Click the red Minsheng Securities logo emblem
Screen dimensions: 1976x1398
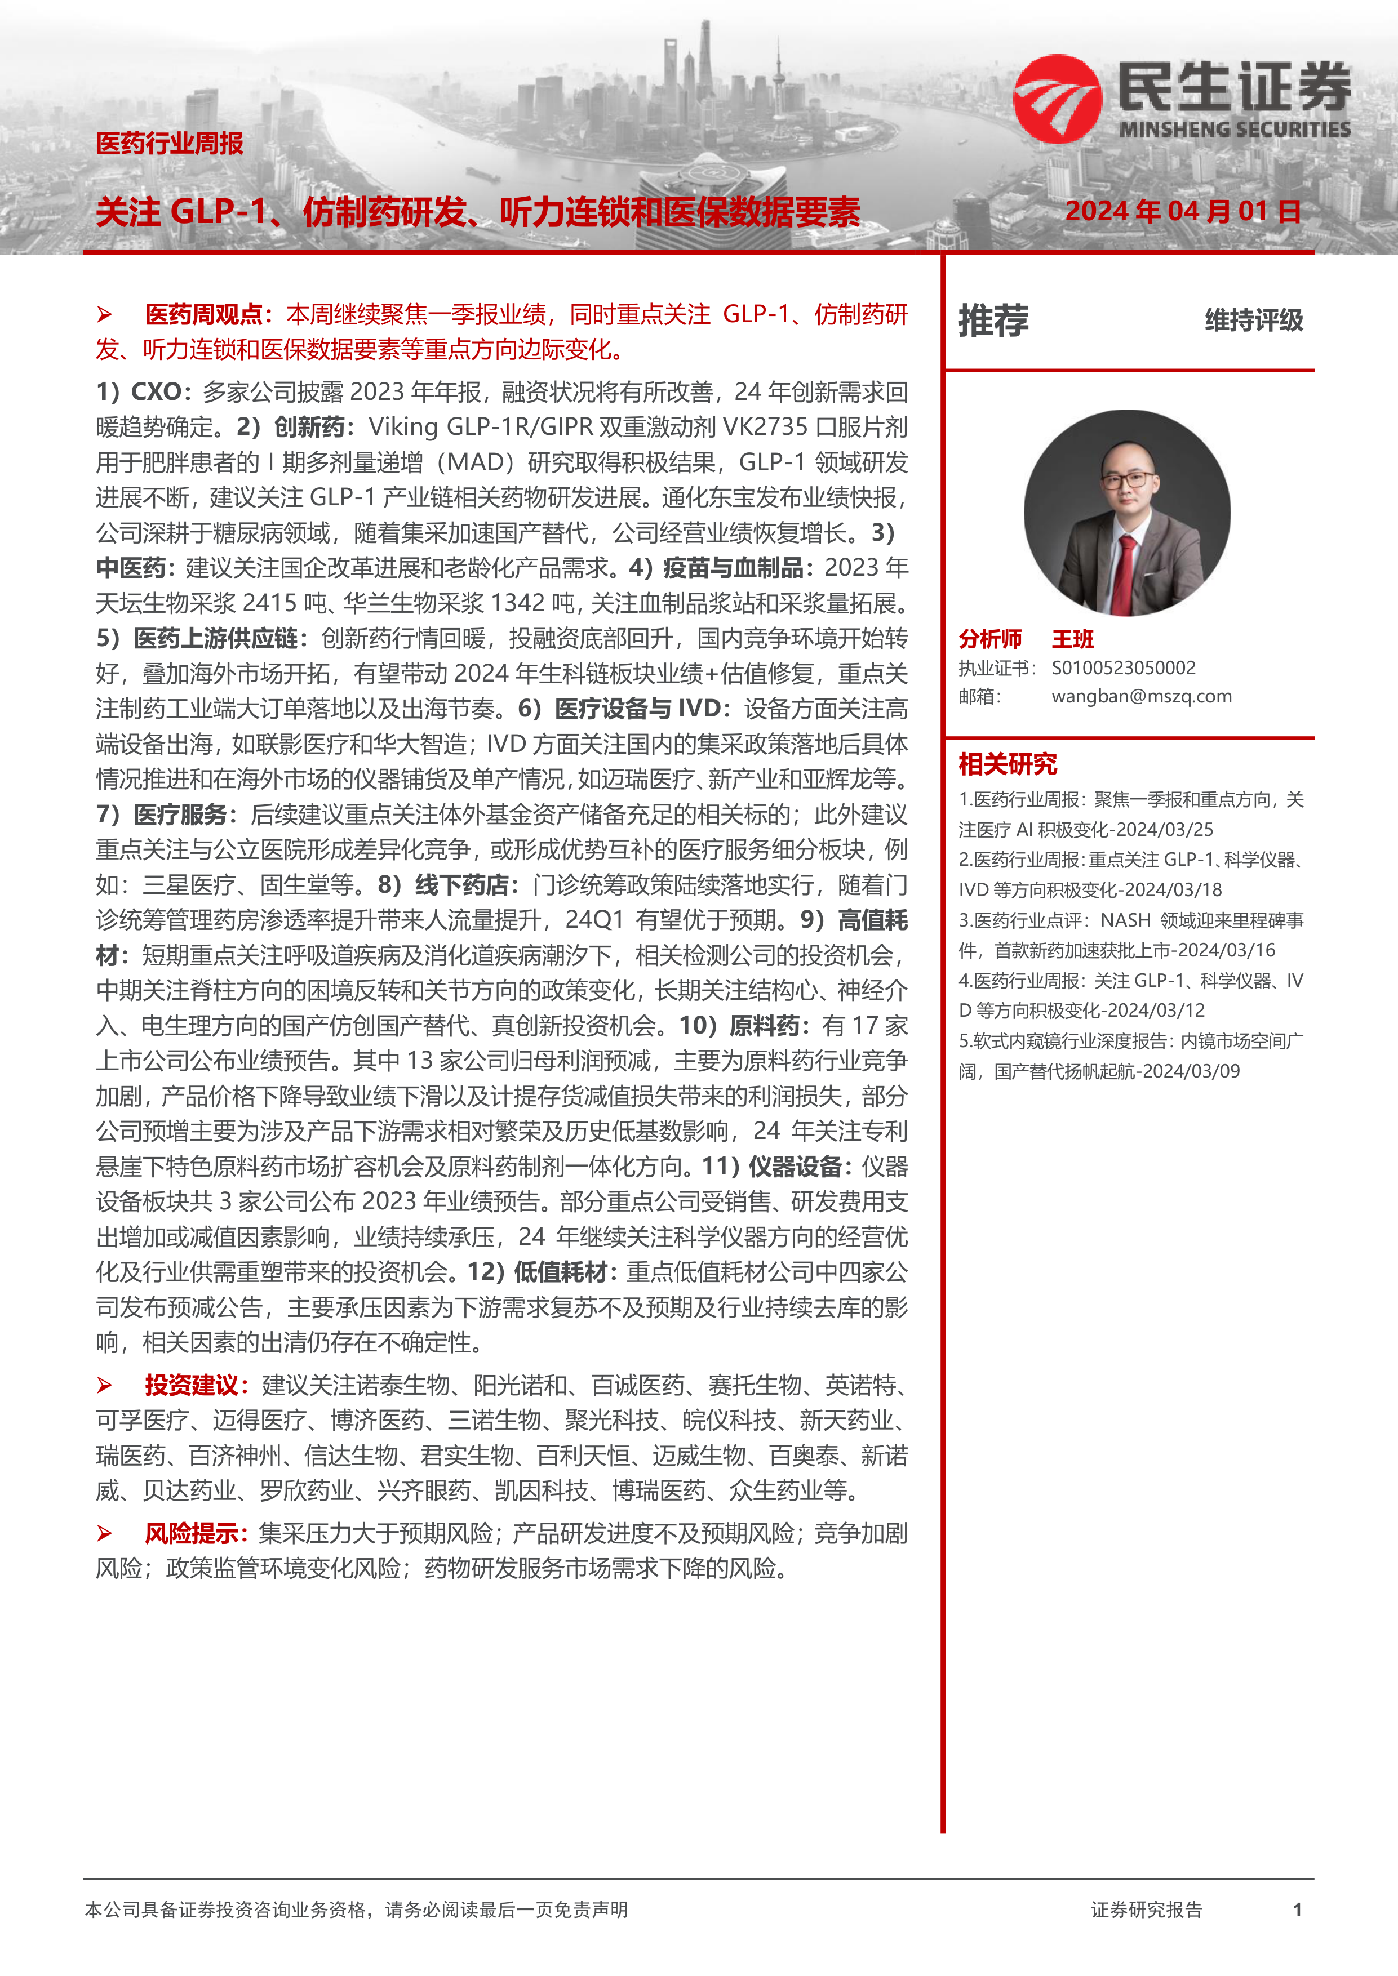(x=1057, y=99)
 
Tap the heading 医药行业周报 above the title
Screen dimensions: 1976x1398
(x=170, y=143)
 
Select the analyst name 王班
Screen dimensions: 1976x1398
(x=1073, y=639)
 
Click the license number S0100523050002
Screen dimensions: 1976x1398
(x=1124, y=668)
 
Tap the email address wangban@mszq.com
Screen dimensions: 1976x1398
(x=1142, y=696)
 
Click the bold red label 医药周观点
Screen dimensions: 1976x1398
(x=203, y=315)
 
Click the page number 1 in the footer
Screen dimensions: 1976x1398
(x=1297, y=1910)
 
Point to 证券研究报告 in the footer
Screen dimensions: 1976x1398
(x=1146, y=1910)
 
